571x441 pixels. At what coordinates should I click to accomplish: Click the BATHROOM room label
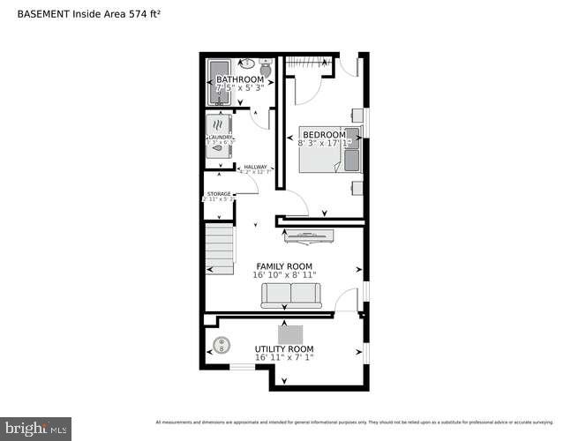[x=240, y=79]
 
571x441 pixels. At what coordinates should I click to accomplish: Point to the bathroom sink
[x=247, y=64]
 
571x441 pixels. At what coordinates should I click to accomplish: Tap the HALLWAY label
[x=255, y=168]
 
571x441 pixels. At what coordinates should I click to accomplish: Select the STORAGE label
[x=219, y=194]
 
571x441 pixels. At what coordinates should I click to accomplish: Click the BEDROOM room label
[x=324, y=134]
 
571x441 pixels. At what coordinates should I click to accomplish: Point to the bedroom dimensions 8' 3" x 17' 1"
[x=324, y=143]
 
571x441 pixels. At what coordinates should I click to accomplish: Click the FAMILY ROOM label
[x=284, y=265]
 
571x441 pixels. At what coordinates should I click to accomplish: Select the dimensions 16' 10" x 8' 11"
[x=284, y=275]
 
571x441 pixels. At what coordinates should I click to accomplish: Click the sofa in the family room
[x=290, y=295]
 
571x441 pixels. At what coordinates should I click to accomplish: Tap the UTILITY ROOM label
[x=284, y=349]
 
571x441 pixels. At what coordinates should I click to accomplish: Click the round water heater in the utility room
[x=221, y=345]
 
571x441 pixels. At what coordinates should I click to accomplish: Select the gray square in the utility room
[x=290, y=334]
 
